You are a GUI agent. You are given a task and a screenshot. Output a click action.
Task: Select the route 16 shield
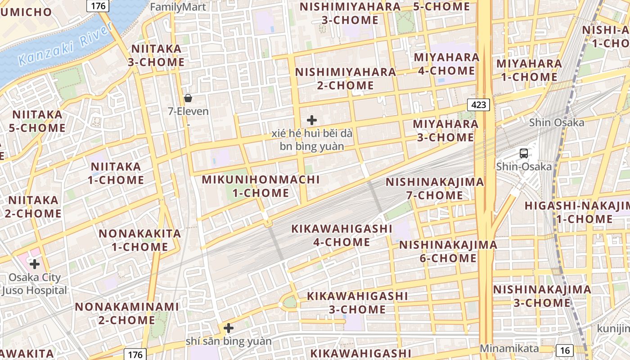tap(565, 350)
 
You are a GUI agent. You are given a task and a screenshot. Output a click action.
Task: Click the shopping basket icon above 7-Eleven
tap(188, 98)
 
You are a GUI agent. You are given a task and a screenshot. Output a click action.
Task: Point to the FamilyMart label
tap(178, 7)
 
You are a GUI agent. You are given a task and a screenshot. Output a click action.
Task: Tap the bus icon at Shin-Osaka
tap(524, 153)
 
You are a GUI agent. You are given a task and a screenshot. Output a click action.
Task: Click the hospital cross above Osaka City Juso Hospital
tap(35, 264)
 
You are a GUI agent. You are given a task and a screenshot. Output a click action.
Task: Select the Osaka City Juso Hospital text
tap(34, 284)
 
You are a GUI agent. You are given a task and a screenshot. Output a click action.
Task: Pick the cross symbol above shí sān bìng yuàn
tap(229, 328)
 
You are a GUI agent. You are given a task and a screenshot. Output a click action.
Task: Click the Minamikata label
tap(509, 348)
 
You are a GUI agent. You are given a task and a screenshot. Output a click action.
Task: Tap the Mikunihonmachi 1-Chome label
tap(261, 186)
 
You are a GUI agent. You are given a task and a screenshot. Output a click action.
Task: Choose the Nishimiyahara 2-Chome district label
tap(346, 79)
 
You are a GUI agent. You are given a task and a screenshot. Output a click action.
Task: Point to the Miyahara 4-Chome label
tap(446, 64)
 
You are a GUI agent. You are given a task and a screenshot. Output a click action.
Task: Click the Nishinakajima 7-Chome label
tap(435, 189)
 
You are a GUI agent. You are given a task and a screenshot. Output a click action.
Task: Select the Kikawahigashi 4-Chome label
tap(342, 235)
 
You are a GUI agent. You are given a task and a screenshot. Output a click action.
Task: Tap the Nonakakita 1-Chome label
tap(139, 240)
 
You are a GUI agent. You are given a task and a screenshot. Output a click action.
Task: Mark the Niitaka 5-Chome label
tap(37, 121)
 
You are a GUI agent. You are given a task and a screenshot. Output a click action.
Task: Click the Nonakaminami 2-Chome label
tap(127, 314)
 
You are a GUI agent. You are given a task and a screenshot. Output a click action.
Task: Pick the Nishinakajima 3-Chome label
tap(542, 296)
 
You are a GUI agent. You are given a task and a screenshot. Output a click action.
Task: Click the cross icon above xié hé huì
tap(311, 120)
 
